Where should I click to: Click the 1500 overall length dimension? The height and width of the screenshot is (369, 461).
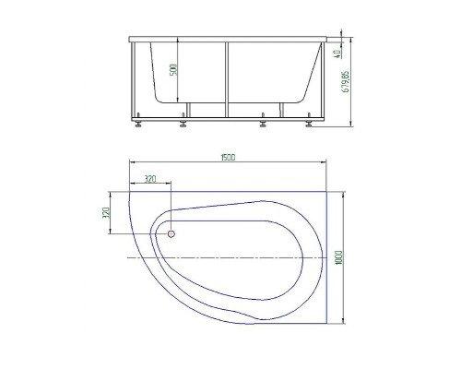click(228, 158)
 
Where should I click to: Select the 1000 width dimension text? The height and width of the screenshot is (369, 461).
click(339, 257)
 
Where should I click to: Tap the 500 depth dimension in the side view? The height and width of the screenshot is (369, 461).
click(174, 70)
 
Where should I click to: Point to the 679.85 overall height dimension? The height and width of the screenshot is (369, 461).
click(346, 82)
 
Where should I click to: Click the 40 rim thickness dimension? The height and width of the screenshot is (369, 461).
click(337, 54)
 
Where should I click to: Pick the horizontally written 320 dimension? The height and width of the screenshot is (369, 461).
click(150, 179)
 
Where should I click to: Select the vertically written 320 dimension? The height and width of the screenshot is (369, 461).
click(106, 213)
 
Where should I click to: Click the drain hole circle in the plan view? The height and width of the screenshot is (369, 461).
click(171, 234)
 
